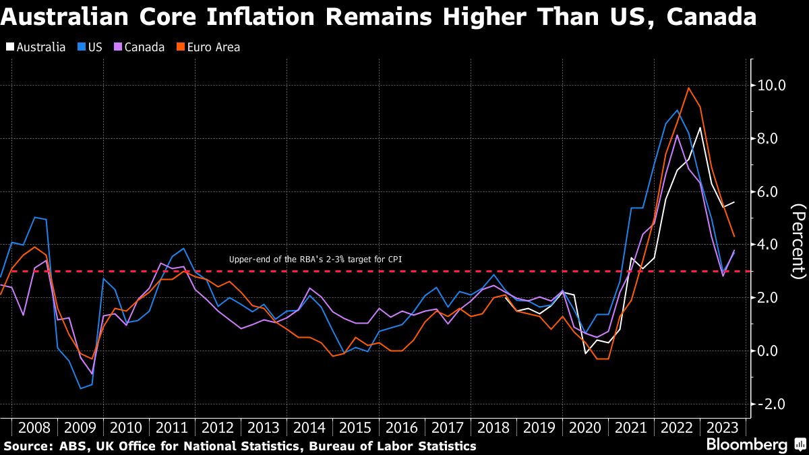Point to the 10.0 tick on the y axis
coord(773,86)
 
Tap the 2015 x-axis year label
coord(355,427)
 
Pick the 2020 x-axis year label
coord(584,427)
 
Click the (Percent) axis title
coord(798,241)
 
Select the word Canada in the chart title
coord(711,16)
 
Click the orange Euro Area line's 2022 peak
coord(688,88)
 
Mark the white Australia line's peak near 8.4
coord(700,127)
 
